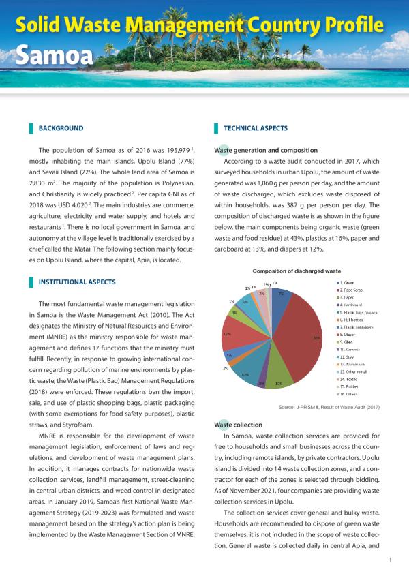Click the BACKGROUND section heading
click(61, 128)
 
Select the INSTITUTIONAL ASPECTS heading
click(77, 282)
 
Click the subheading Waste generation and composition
click(266, 150)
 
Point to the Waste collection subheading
click(238, 425)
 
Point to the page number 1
click(389, 560)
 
